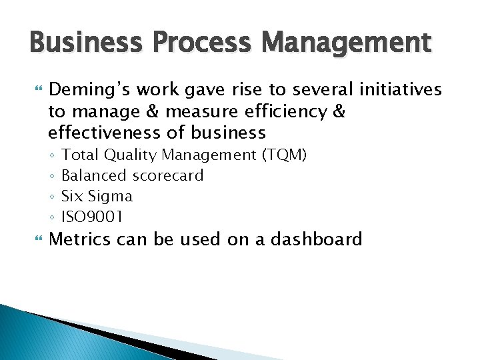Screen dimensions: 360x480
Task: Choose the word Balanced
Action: pyautogui.click(x=94, y=176)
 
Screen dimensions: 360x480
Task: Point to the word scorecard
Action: pyautogui.click(x=168, y=176)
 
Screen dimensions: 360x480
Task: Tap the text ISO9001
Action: pyautogui.click(x=92, y=217)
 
